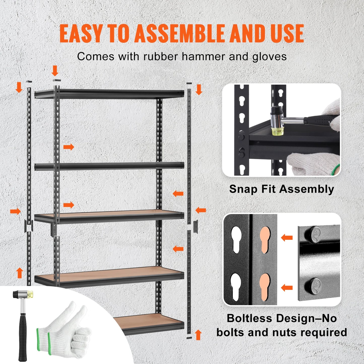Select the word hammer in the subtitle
click(203, 56)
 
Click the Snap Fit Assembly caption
click(281, 189)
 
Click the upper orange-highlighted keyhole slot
click(265, 239)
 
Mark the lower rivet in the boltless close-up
click(312, 286)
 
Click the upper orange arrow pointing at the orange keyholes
click(287, 237)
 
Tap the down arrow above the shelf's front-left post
click(55, 71)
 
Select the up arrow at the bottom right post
click(198, 335)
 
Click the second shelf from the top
click(109, 166)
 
